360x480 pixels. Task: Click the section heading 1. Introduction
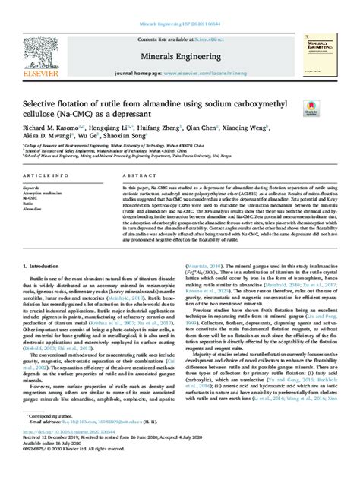(x=44, y=267)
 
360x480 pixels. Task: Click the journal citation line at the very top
(x=179, y=5)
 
